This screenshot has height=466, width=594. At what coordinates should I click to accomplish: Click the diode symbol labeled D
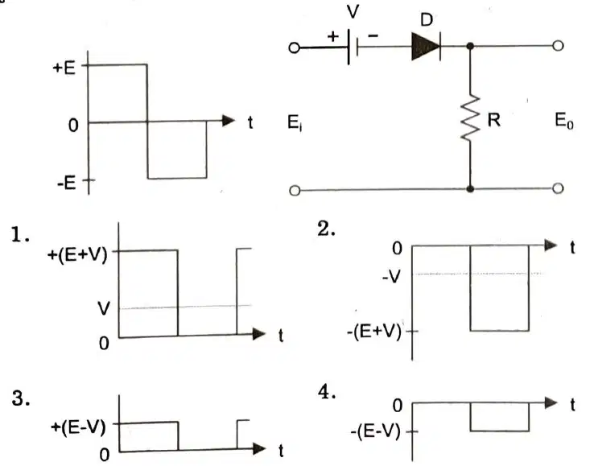pyautogui.click(x=426, y=46)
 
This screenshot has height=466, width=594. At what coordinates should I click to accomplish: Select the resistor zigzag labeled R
pyautogui.click(x=470, y=118)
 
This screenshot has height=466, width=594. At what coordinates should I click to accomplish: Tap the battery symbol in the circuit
pyautogui.click(x=353, y=47)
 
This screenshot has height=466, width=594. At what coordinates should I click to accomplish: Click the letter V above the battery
pyautogui.click(x=353, y=12)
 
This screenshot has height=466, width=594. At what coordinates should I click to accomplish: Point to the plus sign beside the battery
pyautogui.click(x=333, y=36)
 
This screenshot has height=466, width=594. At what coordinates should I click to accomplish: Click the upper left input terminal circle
pyautogui.click(x=295, y=47)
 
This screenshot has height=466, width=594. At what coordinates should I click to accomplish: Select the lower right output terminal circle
pyautogui.click(x=558, y=188)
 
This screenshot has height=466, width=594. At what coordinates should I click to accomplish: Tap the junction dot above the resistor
pyautogui.click(x=470, y=46)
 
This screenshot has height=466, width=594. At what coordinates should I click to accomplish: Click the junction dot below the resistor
pyautogui.click(x=470, y=188)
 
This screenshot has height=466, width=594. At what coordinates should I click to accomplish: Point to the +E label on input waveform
pyautogui.click(x=64, y=68)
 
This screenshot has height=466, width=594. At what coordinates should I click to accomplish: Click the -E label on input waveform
pyautogui.click(x=67, y=183)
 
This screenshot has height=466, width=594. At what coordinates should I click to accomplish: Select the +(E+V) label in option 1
pyautogui.click(x=77, y=254)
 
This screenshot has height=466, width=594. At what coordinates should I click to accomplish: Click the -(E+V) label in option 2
pyautogui.click(x=374, y=332)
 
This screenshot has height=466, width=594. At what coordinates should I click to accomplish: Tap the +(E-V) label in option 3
pyautogui.click(x=78, y=427)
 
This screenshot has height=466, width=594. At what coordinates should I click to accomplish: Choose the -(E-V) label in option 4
pyautogui.click(x=375, y=431)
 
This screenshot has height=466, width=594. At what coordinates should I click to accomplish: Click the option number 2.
pyautogui.click(x=326, y=229)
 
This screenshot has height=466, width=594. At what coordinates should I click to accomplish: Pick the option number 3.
pyautogui.click(x=20, y=398)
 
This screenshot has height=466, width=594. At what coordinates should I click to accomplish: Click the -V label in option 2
pyautogui.click(x=391, y=277)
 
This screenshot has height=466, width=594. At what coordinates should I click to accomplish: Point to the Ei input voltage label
pyautogui.click(x=295, y=122)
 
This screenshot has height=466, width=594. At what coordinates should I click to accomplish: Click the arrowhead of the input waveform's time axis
pyautogui.click(x=229, y=121)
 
